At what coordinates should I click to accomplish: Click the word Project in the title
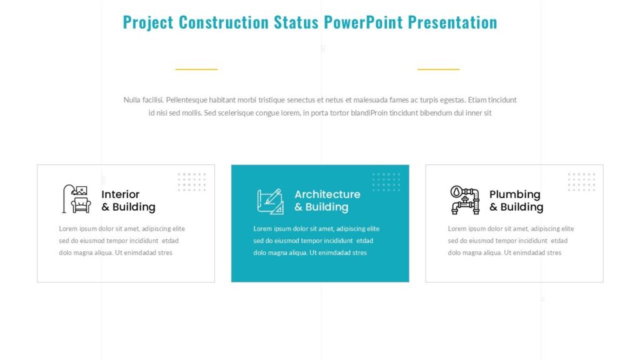(x=148, y=22)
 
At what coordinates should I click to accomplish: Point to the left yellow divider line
(x=196, y=69)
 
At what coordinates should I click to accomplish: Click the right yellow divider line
(x=438, y=69)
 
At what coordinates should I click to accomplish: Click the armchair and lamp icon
(x=75, y=199)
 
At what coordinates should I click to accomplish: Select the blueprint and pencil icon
(x=270, y=201)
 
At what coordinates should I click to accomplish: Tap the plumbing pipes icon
(x=464, y=199)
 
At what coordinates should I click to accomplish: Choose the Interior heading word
(x=121, y=194)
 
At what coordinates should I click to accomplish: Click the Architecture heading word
(x=327, y=194)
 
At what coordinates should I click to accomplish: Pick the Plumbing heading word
(x=514, y=194)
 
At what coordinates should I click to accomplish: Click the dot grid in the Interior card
(x=192, y=181)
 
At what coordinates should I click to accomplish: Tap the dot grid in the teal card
(x=386, y=181)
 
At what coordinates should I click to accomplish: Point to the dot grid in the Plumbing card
(x=581, y=181)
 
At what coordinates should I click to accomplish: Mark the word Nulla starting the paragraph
(x=133, y=100)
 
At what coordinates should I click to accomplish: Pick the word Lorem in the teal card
(x=262, y=229)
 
